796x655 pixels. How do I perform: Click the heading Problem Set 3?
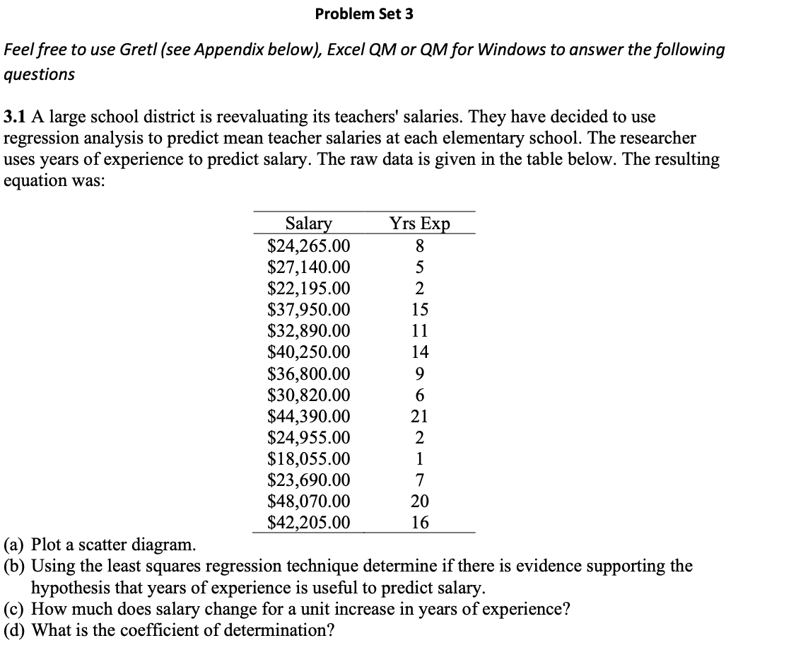pos(364,13)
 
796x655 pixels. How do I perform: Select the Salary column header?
pos(308,224)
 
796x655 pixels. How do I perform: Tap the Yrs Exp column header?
pos(419,224)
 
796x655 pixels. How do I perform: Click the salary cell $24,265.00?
pos(309,246)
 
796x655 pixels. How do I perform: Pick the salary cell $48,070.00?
pos(309,502)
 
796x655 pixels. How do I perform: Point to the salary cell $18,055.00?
pos(309,459)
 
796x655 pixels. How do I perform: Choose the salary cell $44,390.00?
pos(309,417)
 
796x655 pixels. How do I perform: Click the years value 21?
pos(419,417)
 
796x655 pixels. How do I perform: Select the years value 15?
pos(419,310)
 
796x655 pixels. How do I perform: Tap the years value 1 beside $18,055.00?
pos(419,459)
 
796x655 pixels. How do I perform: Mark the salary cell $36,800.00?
pos(309,373)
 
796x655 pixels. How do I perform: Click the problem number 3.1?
pos(15,116)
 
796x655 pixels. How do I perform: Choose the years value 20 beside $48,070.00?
pos(419,502)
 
